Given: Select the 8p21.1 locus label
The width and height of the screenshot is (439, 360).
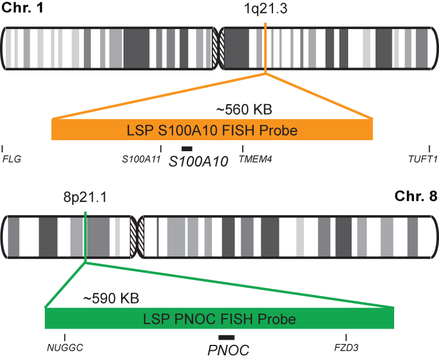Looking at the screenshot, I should tap(85, 197).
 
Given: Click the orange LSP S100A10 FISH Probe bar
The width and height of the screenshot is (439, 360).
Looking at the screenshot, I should tap(213, 130).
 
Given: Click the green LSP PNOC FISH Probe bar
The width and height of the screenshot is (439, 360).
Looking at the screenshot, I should tap(220, 319).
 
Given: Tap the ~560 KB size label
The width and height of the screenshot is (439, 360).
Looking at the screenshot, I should tap(244, 109).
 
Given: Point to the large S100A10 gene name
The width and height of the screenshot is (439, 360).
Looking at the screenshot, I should tap(198, 162).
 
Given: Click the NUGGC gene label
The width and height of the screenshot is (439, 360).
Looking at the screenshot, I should tap(65, 348).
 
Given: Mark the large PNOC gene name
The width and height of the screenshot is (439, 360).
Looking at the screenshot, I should tap(228, 350).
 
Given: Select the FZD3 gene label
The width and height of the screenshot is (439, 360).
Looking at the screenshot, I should tap(346, 348).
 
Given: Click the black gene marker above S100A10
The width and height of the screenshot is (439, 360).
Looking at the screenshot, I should tap(187, 149).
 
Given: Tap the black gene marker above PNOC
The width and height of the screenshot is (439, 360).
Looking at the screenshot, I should tap(226, 338).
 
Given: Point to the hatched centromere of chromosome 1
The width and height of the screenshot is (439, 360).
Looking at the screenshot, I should tap(219, 49).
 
